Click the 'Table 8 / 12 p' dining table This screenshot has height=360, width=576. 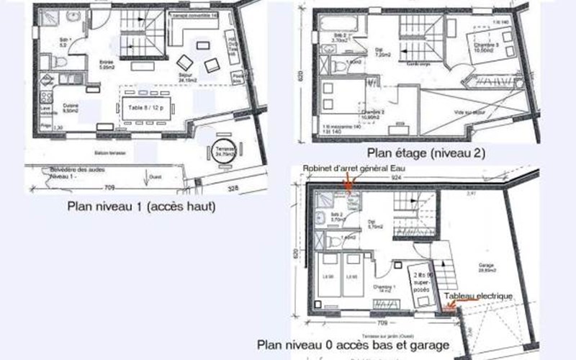pyautogui.click(x=146, y=107)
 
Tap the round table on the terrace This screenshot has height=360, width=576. pyautogui.click(x=220, y=152)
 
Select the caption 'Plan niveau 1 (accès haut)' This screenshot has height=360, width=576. pyautogui.click(x=142, y=207)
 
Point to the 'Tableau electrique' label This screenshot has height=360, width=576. pyautogui.click(x=477, y=296)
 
